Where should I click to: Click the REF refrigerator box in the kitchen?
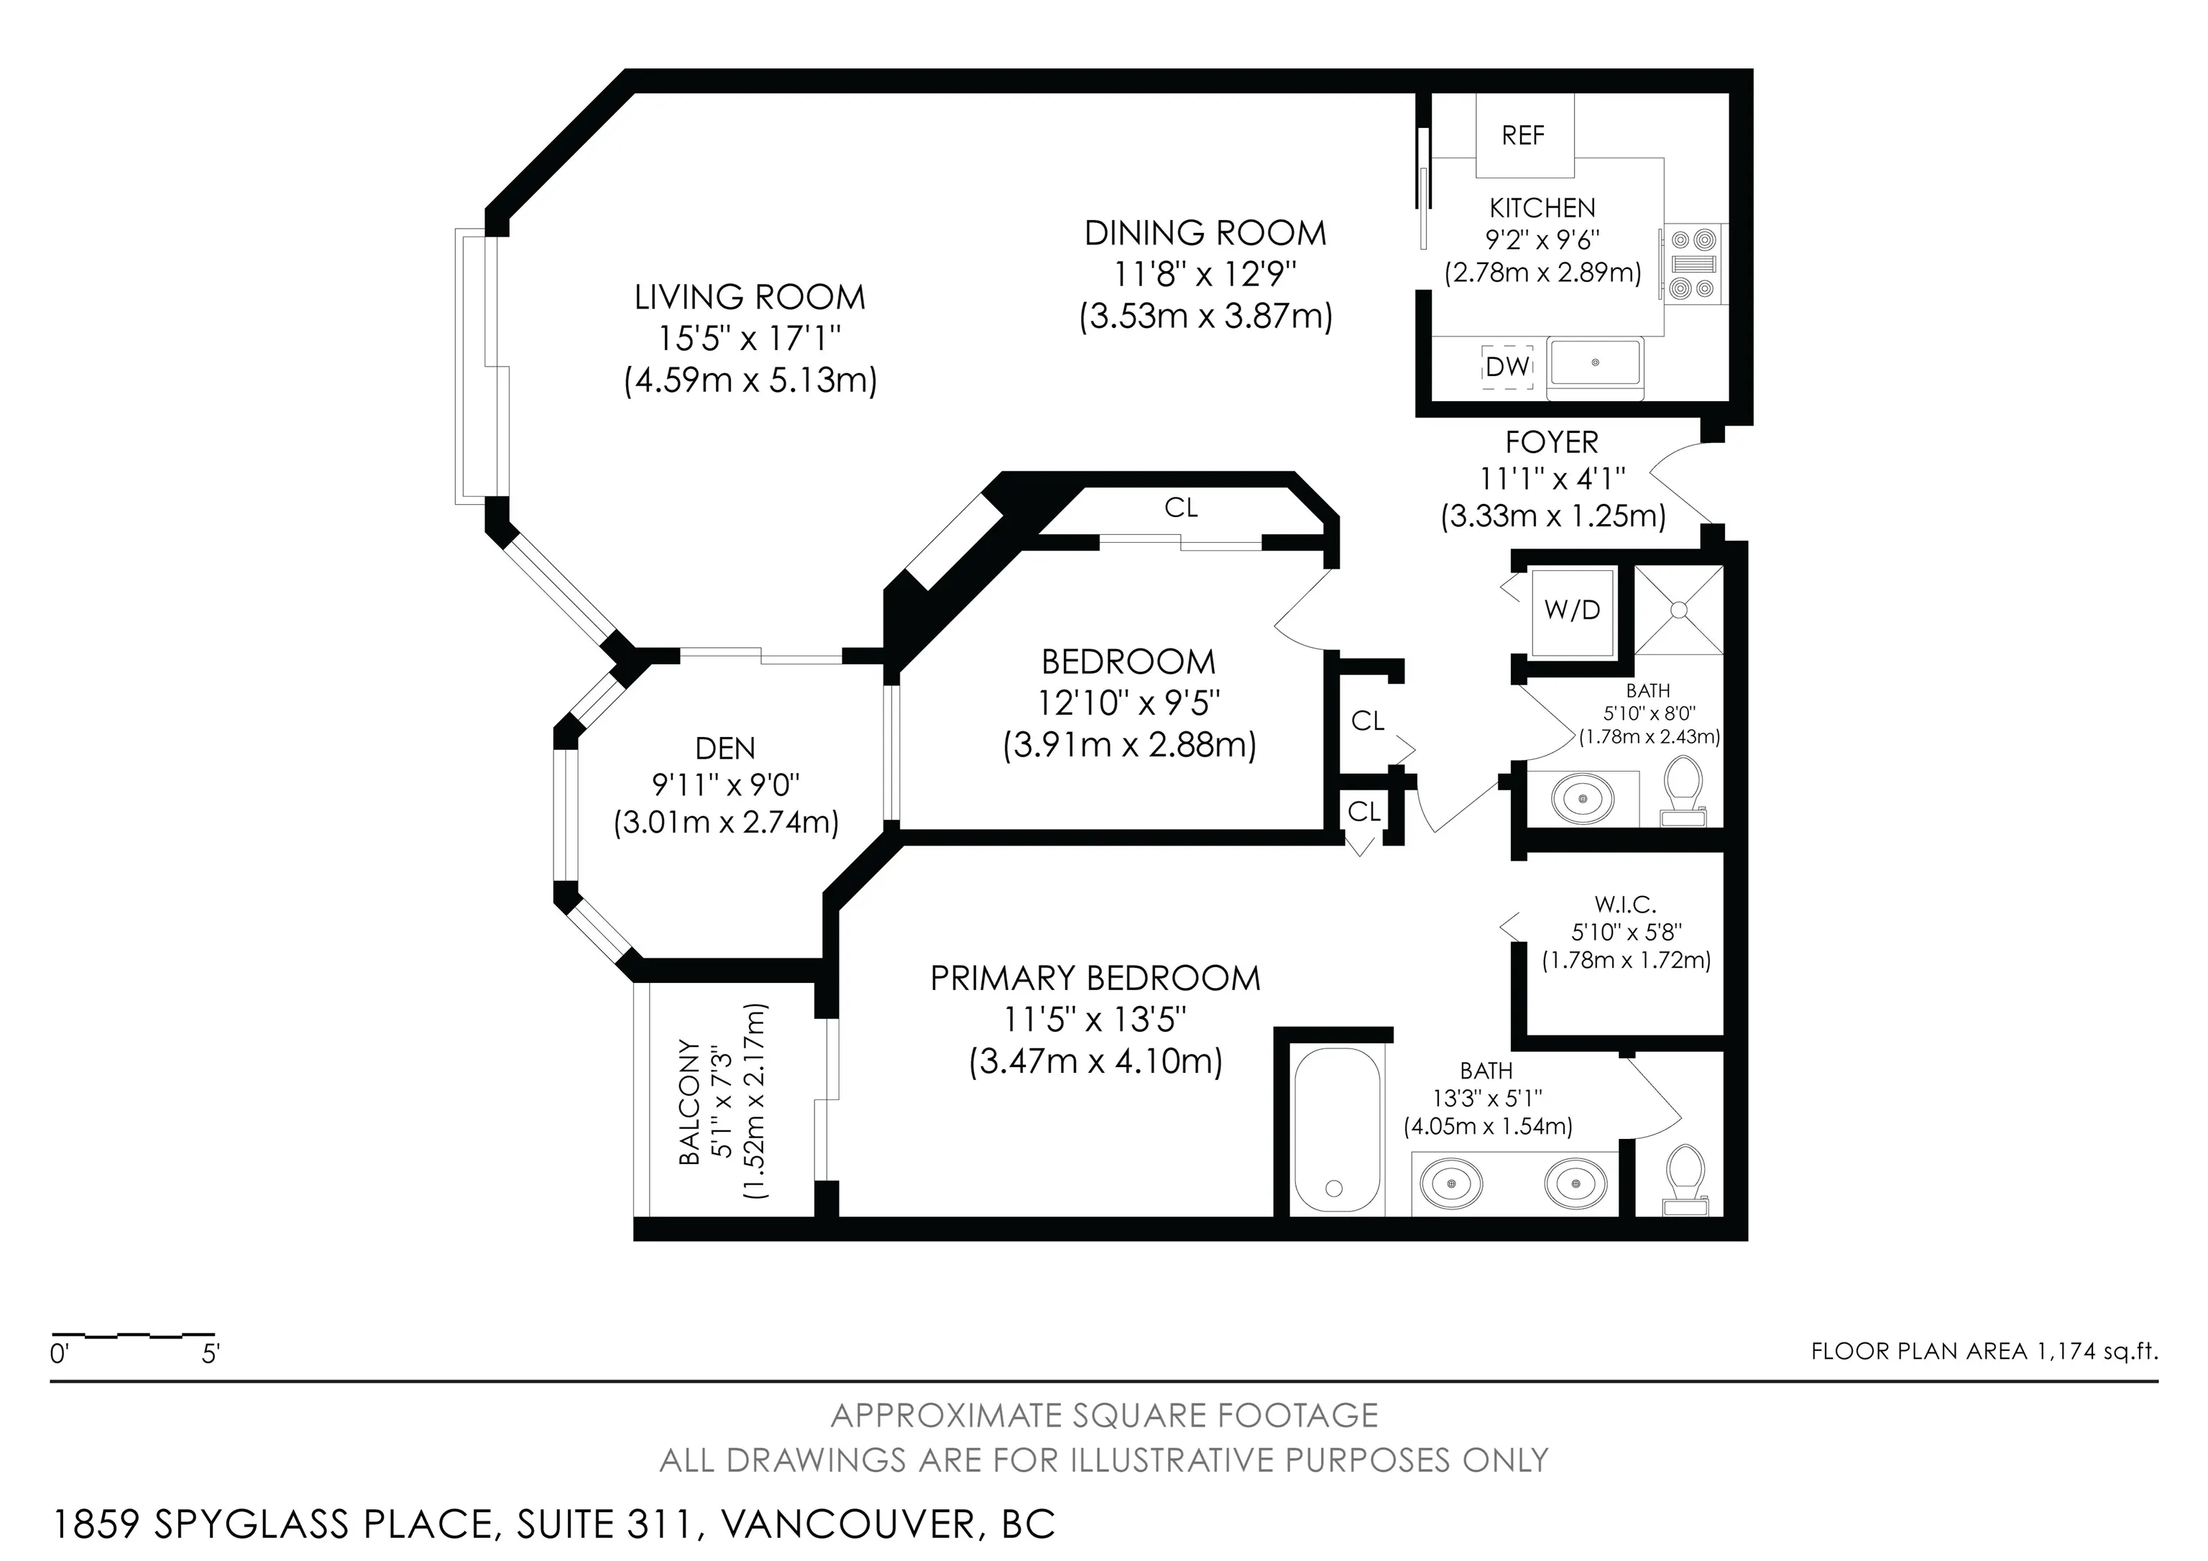pos(1524,134)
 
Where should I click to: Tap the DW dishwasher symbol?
pos(1507,367)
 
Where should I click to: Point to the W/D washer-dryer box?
pos(1573,610)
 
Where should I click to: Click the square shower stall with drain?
pos(1678,610)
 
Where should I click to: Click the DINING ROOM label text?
pos(1205,233)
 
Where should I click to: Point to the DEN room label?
pos(725,749)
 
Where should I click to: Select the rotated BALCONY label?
pos(689,1102)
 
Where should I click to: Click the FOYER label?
pos(1551,442)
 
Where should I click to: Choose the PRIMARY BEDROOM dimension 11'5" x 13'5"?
pos(1095,1019)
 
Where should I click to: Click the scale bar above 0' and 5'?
pos(133,1335)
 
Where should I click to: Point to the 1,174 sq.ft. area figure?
pos(2097,1350)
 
